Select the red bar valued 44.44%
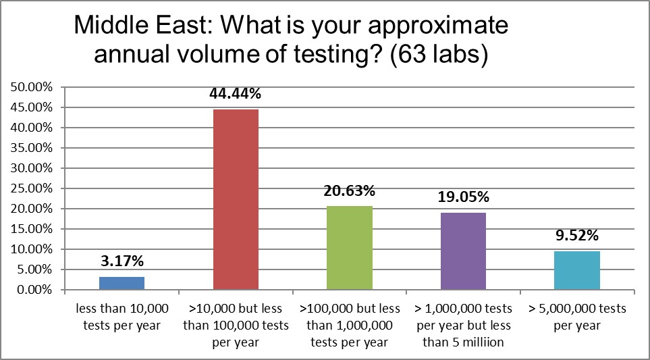236,199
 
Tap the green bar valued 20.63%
350,248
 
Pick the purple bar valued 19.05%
463,251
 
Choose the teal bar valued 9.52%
577,270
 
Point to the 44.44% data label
236,95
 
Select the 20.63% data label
350,191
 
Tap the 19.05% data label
463,197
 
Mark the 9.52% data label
577,236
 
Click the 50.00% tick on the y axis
31,87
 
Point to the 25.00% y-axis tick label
31,188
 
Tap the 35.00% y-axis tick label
31,148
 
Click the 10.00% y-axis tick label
31,249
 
